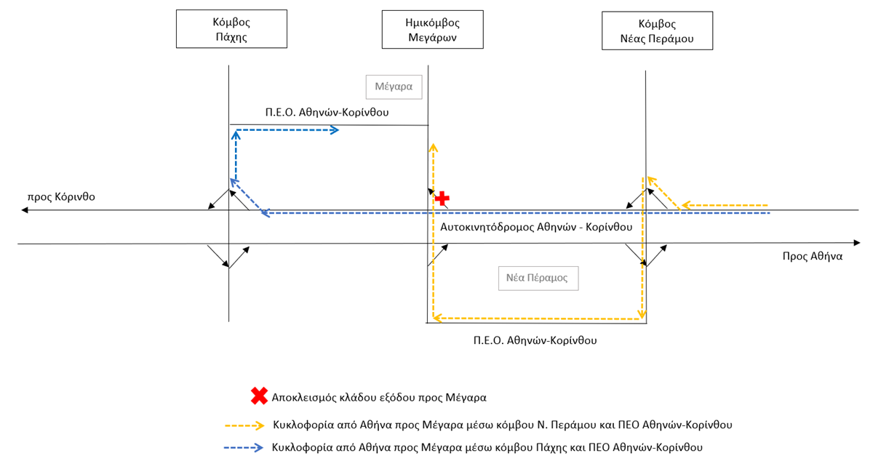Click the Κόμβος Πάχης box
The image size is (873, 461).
pos(231,29)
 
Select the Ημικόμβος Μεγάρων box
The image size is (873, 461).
pos(433,30)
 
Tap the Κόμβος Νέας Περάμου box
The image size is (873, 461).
pos(658,31)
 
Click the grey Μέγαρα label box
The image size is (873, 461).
pos(394,87)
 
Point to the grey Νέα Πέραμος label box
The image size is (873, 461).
pos(538,278)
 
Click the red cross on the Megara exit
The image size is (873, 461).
pos(442,199)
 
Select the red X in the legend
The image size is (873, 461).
pos(259,396)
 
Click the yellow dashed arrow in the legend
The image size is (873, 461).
pos(244,425)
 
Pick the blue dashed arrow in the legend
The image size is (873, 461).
pos(244,448)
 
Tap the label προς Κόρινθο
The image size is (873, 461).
pos(61,197)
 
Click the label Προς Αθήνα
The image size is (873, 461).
pos(813,257)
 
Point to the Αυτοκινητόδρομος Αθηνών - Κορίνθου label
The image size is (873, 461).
pos(536,227)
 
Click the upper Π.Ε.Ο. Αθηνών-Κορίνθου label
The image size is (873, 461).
pos(327,112)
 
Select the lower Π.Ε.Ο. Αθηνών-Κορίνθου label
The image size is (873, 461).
pos(535,340)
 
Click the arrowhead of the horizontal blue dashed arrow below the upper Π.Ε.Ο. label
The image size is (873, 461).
pos(335,130)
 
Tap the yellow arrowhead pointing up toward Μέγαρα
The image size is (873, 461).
pos(433,148)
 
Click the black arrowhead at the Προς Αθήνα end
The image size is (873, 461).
pos(857,243)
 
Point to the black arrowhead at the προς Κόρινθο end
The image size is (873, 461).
pos(25,210)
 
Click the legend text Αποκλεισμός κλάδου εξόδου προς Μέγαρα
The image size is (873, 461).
pos(379,398)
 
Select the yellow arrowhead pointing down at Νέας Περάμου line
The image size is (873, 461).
pos(642,314)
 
